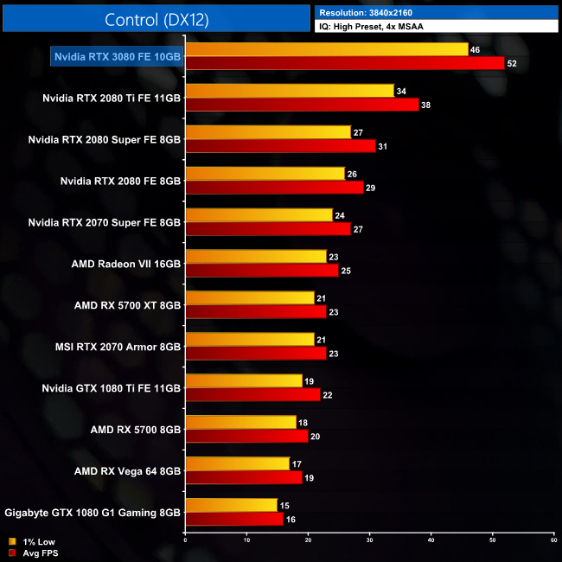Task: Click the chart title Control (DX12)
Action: click(156, 19)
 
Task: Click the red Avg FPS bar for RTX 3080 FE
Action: click(345, 63)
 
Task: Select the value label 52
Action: click(512, 63)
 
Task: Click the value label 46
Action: click(475, 49)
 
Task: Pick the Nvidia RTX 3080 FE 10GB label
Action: click(117, 56)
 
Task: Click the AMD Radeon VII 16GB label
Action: click(126, 264)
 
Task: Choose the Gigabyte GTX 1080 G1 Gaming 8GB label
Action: click(93, 513)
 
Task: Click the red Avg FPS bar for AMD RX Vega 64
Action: click(244, 478)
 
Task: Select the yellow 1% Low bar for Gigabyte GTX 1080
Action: click(232, 506)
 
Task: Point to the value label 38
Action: click(425, 105)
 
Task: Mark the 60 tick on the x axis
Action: click(553, 540)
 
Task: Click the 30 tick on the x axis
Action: click(369, 540)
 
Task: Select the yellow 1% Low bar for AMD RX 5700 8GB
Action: click(241, 423)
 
